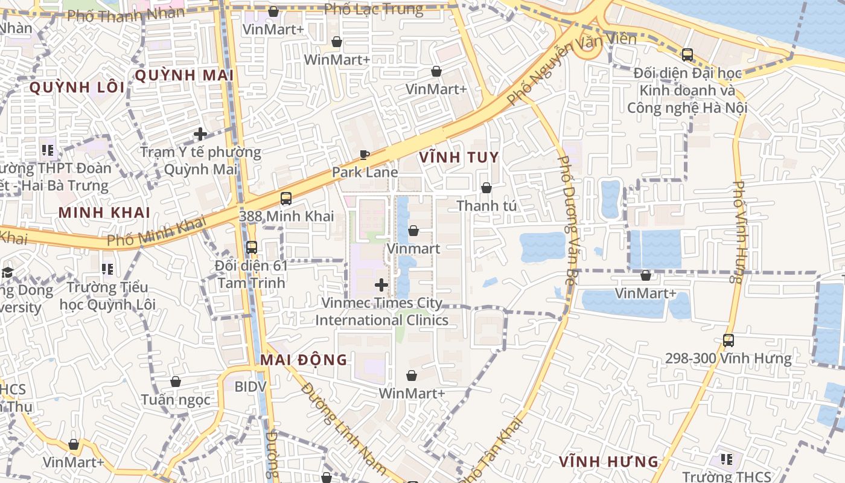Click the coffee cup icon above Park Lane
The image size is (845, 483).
[364, 155]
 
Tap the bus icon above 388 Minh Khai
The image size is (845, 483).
[286, 199]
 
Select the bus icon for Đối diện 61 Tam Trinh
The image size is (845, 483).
[252, 248]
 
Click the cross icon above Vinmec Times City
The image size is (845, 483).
[381, 284]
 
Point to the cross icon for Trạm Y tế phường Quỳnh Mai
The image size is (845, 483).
[200, 134]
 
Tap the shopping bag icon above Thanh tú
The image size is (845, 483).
[486, 188]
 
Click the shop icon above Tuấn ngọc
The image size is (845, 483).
[176, 382]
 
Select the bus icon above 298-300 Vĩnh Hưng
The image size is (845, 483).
[729, 341]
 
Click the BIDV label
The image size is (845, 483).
[250, 386]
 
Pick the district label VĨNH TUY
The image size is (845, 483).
[459, 158]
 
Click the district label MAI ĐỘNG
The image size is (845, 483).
[304, 360]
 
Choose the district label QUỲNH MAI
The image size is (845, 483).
[184, 75]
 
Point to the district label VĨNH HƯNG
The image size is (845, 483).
[608, 462]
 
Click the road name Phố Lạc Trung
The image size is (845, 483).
[374, 9]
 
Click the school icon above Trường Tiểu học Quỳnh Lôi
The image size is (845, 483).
[107, 269]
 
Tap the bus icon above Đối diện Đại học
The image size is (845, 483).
[687, 55]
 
